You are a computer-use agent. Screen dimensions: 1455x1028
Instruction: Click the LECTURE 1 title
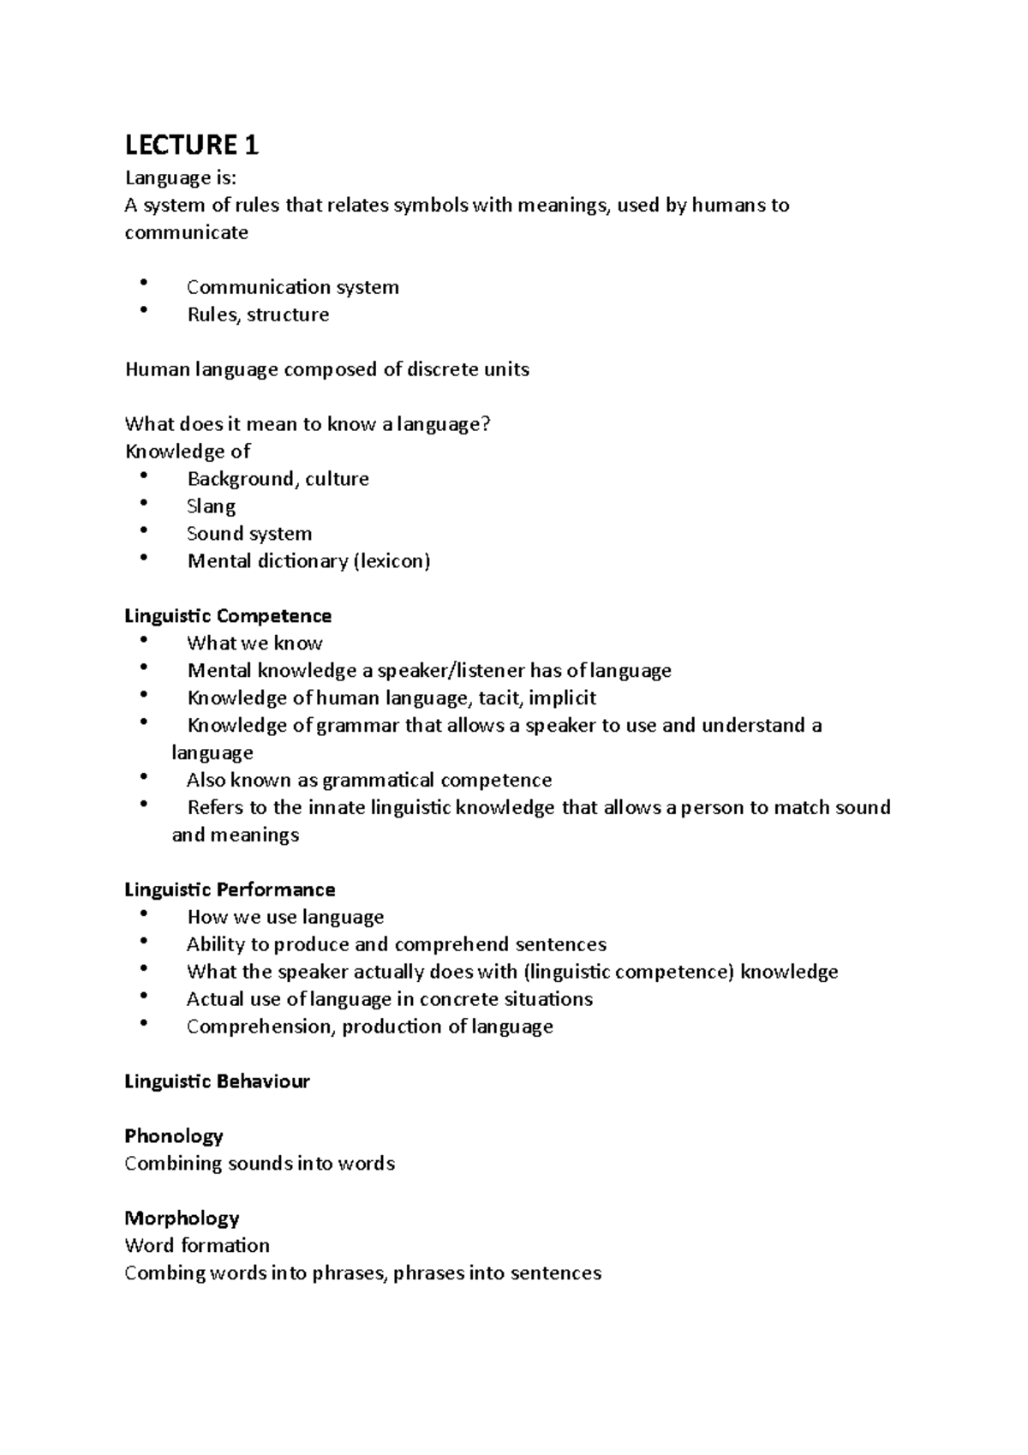click(191, 146)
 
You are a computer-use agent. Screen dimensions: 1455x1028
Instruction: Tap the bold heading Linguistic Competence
click(228, 616)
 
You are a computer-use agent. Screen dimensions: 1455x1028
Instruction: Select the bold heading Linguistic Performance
click(230, 889)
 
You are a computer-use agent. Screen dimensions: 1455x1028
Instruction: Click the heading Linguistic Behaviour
click(217, 1081)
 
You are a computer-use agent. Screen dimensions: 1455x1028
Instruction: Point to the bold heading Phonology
click(174, 1136)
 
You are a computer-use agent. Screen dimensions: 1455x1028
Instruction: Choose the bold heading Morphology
click(182, 1218)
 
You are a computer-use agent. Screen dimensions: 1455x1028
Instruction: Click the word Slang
click(211, 506)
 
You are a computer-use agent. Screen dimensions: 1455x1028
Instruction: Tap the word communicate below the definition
click(186, 233)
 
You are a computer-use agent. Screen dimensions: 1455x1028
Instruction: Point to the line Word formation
click(197, 1246)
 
